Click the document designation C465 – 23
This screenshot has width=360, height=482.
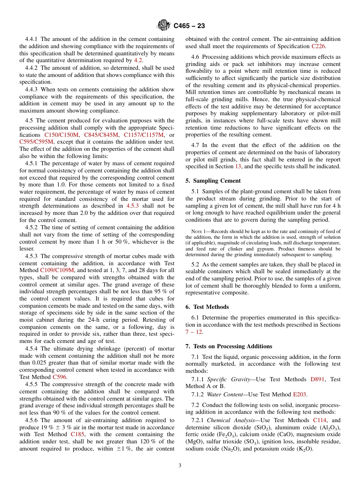click(189, 26)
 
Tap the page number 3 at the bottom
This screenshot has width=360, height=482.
click(180, 466)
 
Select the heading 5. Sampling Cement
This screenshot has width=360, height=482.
click(213, 181)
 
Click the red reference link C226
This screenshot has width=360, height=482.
click(318, 46)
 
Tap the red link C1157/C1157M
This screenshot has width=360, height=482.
click(144, 135)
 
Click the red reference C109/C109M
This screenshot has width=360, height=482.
click(57, 270)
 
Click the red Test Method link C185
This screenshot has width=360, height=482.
click(77, 435)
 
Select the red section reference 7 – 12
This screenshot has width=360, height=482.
click(194, 332)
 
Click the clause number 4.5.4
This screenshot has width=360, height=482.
click(32, 349)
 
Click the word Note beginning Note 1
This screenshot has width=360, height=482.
click(196, 232)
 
